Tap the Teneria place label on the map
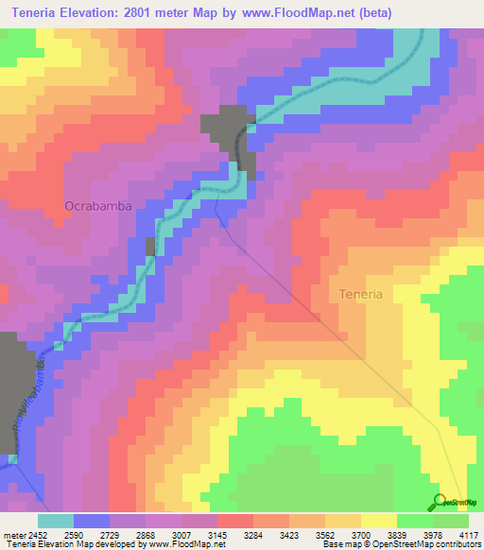tap(360, 294)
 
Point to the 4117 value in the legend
tap(470, 534)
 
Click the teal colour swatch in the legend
tap(56, 521)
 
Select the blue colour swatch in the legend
tap(92, 521)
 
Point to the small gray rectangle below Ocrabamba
tap(149, 247)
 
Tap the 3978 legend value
tap(434, 534)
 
